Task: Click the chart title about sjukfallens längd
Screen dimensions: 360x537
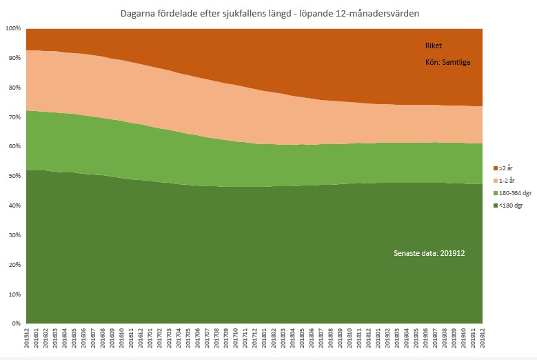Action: (x=268, y=12)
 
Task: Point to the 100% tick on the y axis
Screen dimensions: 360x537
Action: (x=13, y=28)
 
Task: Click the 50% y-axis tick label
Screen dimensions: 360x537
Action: (x=14, y=176)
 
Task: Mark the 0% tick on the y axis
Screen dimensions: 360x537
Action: (x=16, y=323)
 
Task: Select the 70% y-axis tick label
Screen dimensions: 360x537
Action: (x=14, y=117)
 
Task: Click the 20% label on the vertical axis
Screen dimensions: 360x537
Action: (x=14, y=265)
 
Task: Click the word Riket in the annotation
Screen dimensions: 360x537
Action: (x=433, y=46)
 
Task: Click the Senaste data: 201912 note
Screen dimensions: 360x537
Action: (x=429, y=253)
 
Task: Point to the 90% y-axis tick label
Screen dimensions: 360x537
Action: (x=14, y=58)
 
